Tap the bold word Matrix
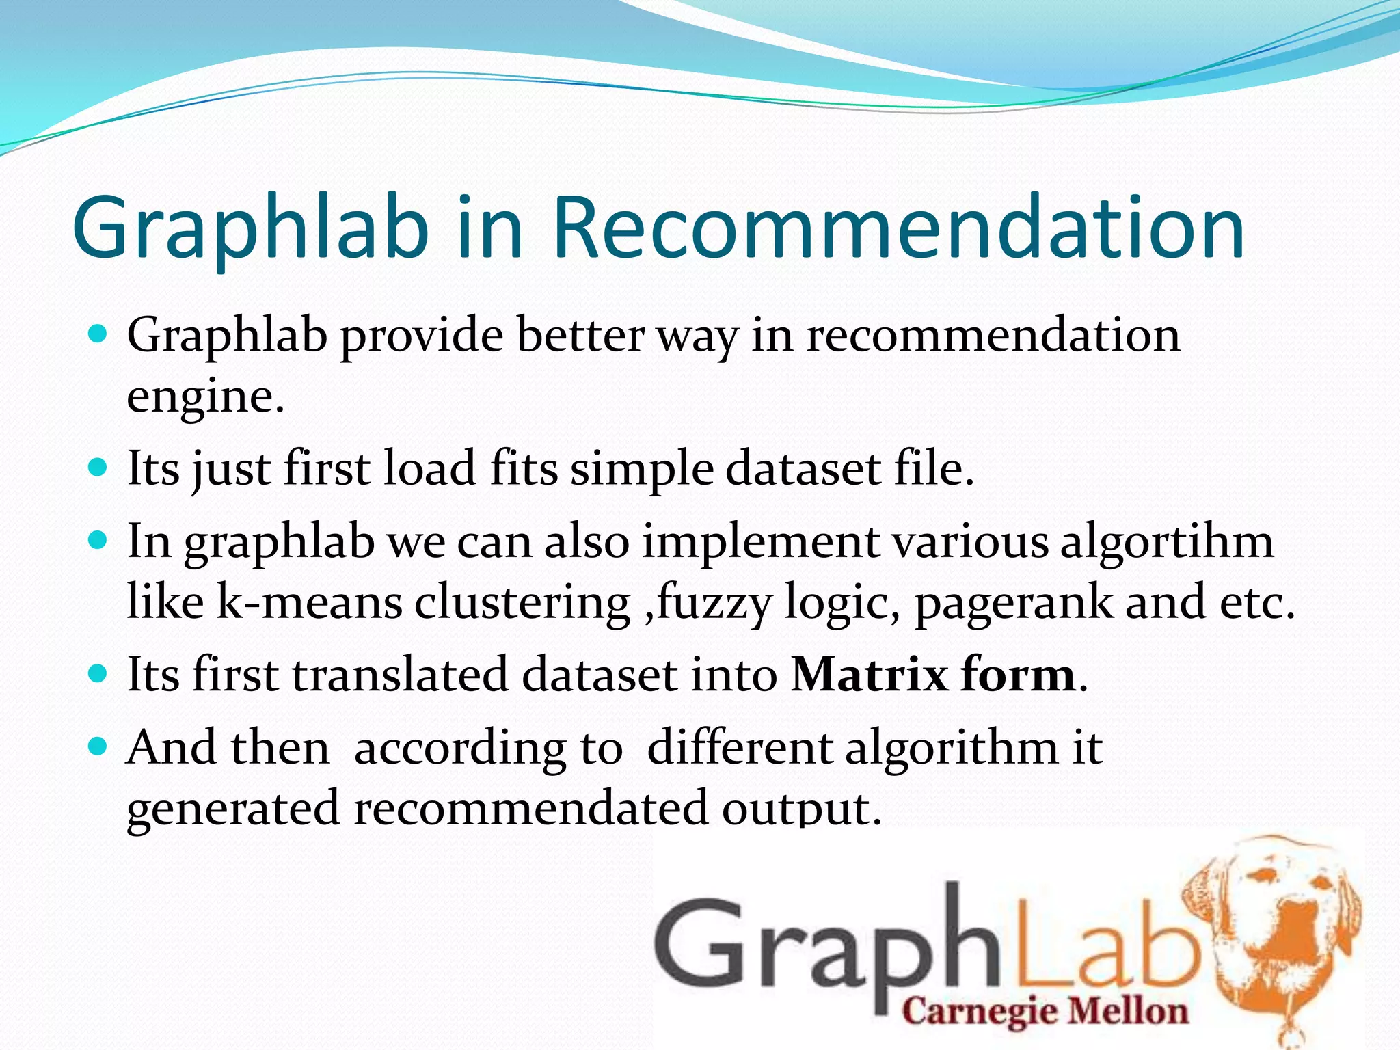tap(869, 675)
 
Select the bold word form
tap(1018, 675)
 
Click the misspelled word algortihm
tap(1166, 541)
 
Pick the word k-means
tap(309, 602)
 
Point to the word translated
tap(401, 675)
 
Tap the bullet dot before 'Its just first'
tap(99, 468)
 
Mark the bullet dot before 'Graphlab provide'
tap(99, 335)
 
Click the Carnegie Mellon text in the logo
tap(1045, 1011)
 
